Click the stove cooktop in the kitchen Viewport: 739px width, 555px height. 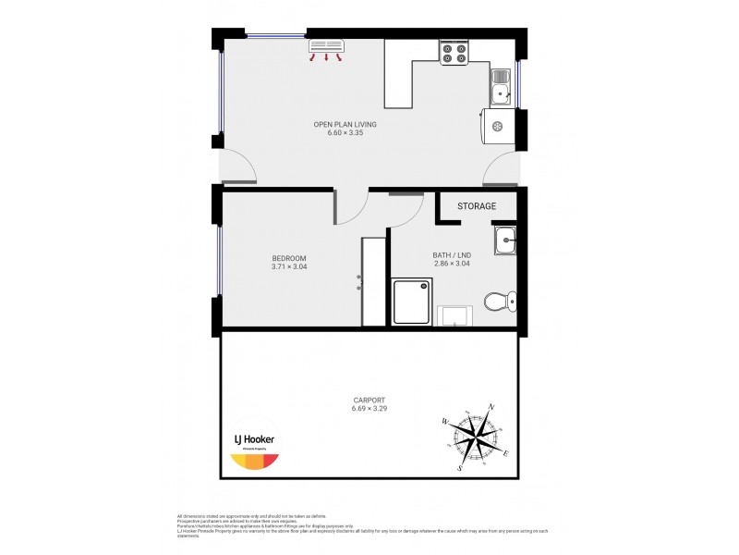point(454,53)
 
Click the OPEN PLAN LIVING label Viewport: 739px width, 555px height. point(345,124)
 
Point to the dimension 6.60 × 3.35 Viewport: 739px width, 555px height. point(345,133)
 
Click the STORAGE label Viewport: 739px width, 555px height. point(477,206)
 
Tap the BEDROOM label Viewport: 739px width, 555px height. point(289,258)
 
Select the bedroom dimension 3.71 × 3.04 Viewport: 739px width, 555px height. point(289,267)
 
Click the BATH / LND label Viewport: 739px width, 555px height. point(452,255)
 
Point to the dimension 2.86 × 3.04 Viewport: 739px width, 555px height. point(452,265)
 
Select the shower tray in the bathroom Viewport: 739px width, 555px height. point(412,301)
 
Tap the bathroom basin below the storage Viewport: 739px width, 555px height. point(504,240)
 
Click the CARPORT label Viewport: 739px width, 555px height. point(369,401)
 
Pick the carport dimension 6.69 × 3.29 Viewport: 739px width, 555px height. point(369,409)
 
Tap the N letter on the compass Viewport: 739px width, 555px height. point(491,408)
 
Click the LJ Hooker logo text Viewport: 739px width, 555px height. point(252,439)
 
